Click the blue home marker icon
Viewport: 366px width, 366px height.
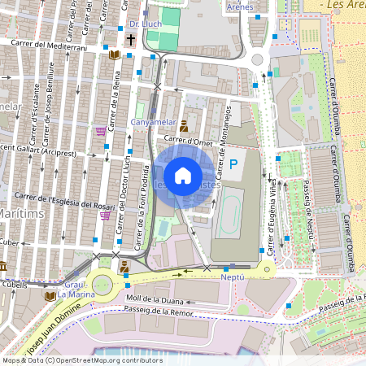(183, 175)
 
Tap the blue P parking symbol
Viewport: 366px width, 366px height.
(233, 164)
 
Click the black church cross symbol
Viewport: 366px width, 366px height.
(131, 38)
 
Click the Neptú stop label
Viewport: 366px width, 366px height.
(233, 277)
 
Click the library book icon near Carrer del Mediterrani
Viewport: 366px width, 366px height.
(115, 54)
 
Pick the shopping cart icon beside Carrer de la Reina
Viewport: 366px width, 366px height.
(101, 130)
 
